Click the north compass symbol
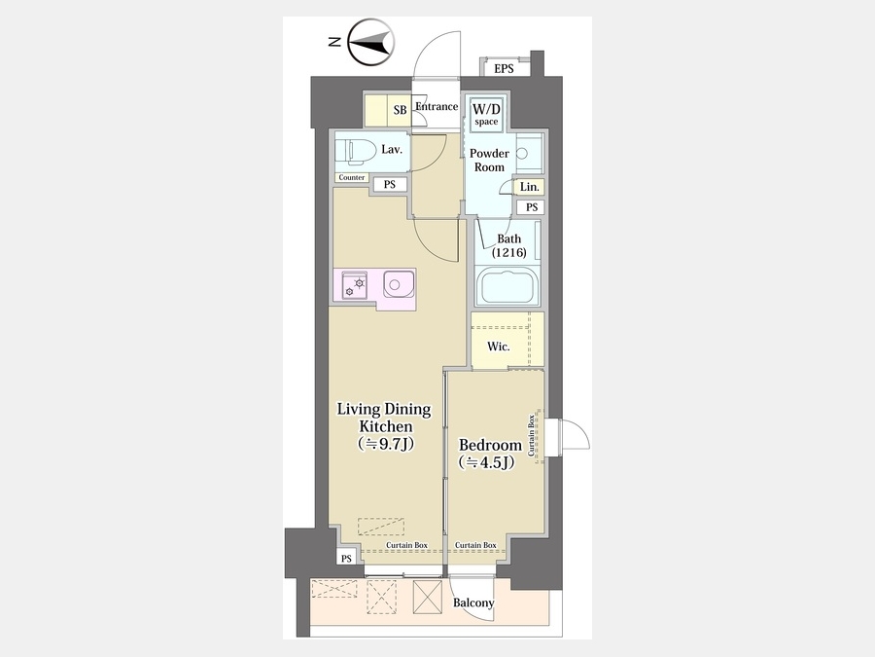tap(371, 43)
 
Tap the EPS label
tap(504, 69)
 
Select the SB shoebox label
tap(401, 110)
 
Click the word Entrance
tap(437, 106)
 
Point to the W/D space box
tap(487, 115)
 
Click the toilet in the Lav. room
tap(356, 152)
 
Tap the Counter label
tap(352, 178)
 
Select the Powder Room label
tap(489, 161)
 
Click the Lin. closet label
tap(530, 187)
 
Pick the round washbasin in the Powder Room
tap(522, 153)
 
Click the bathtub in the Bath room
tap(507, 286)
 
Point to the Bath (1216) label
tap(508, 245)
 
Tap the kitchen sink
tap(399, 285)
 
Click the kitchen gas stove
tap(354, 285)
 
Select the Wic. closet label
tap(499, 347)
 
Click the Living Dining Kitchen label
tap(384, 426)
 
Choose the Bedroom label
tap(490, 453)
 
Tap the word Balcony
tap(473, 602)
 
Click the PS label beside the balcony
tap(346, 558)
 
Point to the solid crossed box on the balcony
tap(428, 596)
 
